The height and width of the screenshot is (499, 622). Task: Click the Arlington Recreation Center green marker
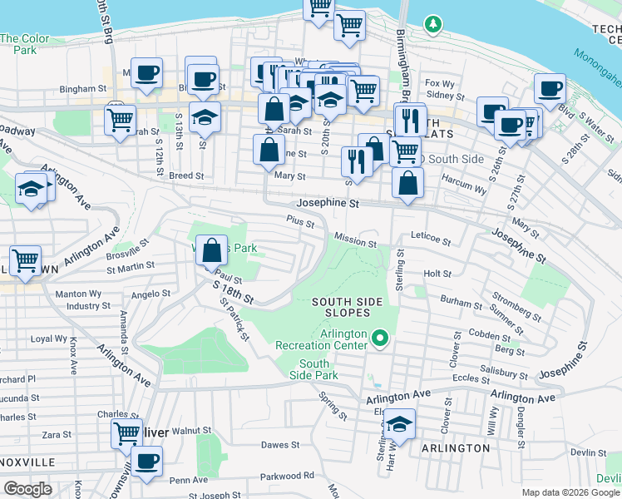click(x=380, y=338)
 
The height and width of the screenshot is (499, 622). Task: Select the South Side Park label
click(x=313, y=369)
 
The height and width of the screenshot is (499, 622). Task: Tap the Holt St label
click(x=437, y=273)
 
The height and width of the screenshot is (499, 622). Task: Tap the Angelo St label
click(x=151, y=294)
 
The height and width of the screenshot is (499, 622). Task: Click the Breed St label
click(x=186, y=175)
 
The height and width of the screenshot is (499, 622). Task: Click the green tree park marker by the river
click(x=432, y=25)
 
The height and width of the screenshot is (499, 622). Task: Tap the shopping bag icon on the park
click(x=212, y=249)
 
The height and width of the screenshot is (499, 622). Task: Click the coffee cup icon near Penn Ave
click(x=147, y=462)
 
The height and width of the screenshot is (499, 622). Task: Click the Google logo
click(x=27, y=489)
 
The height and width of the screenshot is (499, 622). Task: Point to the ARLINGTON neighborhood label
click(x=456, y=448)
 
